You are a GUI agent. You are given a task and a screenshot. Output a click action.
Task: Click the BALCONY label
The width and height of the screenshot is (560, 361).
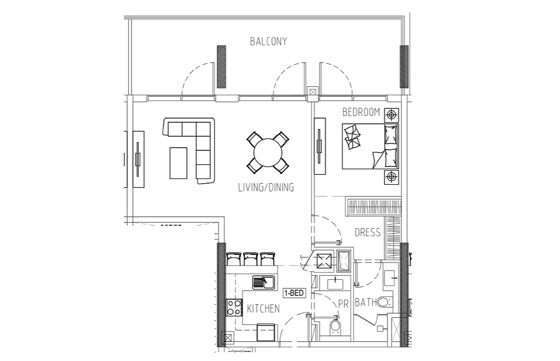(268, 42)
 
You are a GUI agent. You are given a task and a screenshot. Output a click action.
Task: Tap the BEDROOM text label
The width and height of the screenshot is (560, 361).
(361, 112)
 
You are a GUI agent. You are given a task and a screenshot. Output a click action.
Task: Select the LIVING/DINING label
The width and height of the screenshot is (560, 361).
(266, 187)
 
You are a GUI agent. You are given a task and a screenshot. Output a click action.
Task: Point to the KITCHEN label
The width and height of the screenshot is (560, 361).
(263, 309)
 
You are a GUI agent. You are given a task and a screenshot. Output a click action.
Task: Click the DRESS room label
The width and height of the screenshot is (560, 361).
(367, 233)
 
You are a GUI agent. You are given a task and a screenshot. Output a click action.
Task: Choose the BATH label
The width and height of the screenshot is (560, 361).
(366, 303)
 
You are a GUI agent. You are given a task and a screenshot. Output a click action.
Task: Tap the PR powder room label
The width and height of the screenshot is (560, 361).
(343, 304)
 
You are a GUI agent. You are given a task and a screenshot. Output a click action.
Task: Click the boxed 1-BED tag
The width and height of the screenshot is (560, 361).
(294, 293)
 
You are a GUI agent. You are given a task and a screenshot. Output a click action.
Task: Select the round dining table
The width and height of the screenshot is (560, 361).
(268, 153)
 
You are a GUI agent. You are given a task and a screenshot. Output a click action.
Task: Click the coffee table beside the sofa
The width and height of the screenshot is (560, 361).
(178, 163)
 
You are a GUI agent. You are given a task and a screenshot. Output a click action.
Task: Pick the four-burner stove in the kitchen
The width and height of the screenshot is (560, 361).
(234, 307)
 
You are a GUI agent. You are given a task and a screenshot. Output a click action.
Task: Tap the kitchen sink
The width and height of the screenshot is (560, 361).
(263, 282)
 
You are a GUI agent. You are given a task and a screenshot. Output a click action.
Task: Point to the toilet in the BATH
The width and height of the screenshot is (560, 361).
(384, 302)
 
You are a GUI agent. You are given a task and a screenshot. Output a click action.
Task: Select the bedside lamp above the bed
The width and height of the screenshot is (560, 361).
(392, 115)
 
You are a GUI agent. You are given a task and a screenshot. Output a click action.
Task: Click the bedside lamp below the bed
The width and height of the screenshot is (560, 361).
(392, 177)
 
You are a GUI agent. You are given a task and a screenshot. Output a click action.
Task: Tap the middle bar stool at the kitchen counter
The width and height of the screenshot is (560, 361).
(251, 259)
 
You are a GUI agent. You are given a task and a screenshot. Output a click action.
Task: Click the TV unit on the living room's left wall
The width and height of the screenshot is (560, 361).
(138, 159)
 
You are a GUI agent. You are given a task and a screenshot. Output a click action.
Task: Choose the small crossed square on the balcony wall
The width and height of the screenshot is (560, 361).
(313, 92)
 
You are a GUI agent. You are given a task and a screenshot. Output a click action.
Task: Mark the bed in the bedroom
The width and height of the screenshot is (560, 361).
(370, 146)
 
